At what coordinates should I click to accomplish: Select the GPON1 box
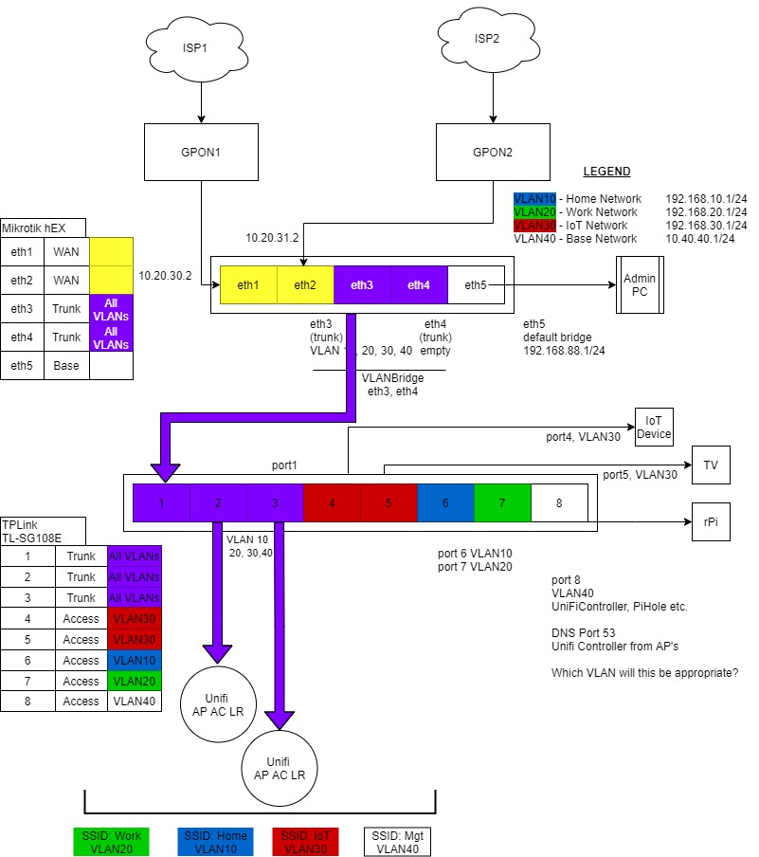click(201, 152)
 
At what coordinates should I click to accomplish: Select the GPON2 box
click(492, 152)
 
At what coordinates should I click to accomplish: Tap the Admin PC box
click(632, 284)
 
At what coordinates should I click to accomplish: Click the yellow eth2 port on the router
click(305, 284)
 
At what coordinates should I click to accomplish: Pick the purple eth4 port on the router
click(419, 284)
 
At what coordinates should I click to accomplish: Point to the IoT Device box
click(653, 428)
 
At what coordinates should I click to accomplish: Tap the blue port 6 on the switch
click(445, 502)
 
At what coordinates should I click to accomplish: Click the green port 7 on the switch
click(502, 502)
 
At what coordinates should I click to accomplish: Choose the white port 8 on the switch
click(559, 502)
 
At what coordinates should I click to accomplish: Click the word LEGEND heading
click(606, 172)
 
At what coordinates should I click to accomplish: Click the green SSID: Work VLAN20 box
click(109, 842)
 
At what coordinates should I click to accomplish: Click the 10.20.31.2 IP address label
click(273, 237)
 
